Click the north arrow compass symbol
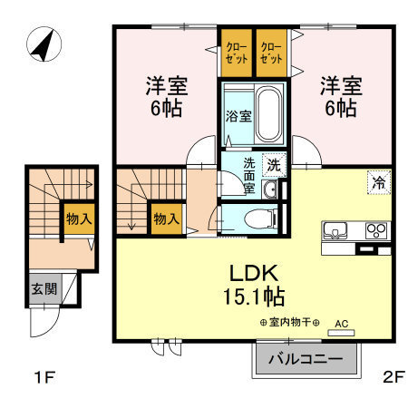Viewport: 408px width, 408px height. coord(44,44)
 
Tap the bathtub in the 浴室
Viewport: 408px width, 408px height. coord(268,114)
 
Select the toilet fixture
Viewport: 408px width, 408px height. coord(260,219)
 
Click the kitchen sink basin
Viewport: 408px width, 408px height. coord(335,230)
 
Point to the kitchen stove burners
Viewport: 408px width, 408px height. coord(376,230)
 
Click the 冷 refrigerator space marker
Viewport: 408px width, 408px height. coord(379,182)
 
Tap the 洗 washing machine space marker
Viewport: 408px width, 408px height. coord(274,165)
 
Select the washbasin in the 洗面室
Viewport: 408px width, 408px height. coord(269,189)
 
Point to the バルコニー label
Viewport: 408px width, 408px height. coord(306,359)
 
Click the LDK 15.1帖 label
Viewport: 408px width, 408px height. coord(254,285)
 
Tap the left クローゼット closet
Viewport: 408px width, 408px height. coord(237,53)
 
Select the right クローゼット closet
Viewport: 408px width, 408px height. coord(271,53)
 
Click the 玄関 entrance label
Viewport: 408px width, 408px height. coord(44,289)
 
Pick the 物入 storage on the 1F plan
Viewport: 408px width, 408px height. coord(79,219)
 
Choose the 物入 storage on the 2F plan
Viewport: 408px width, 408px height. coord(166,219)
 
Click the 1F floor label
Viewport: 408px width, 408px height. coord(45,377)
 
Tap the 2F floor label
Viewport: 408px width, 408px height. coord(393,377)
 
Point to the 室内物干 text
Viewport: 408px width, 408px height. coord(290,323)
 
